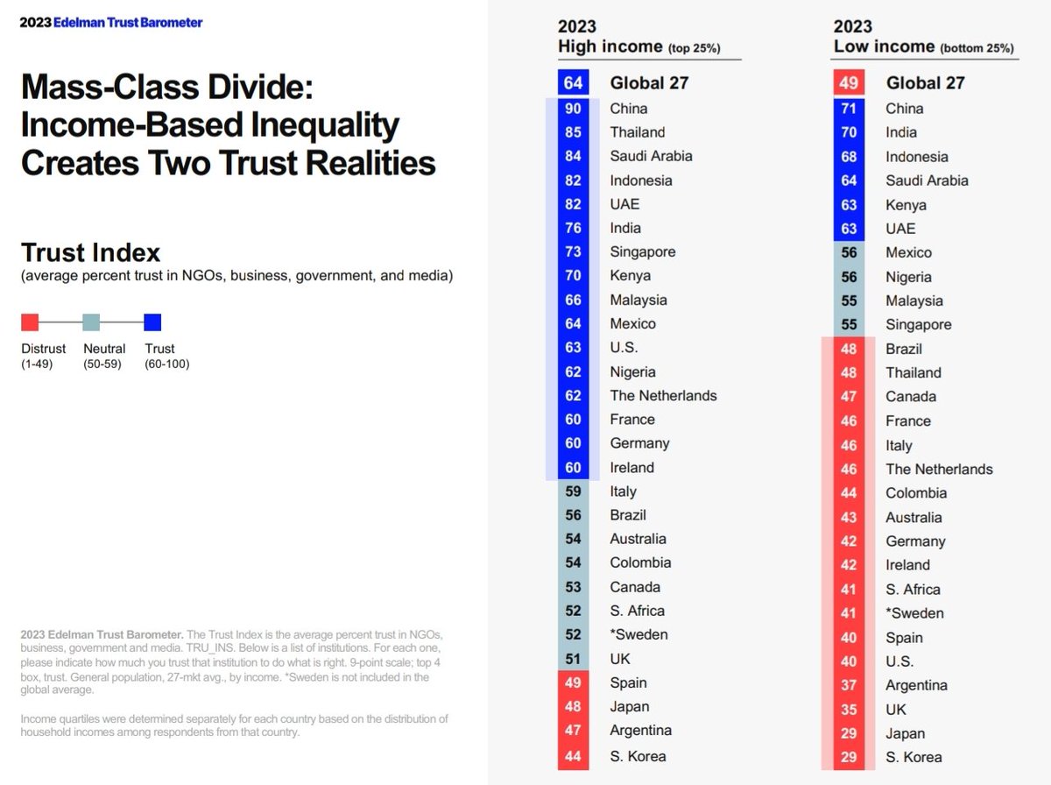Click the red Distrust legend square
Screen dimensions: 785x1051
pyautogui.click(x=30, y=322)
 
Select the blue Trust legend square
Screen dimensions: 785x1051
pyautogui.click(x=152, y=322)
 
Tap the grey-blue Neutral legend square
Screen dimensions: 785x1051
pyautogui.click(x=91, y=322)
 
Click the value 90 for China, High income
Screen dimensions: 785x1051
pyautogui.click(x=573, y=109)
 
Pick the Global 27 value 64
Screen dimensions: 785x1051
pyautogui.click(x=573, y=83)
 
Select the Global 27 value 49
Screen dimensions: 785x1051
pyautogui.click(x=848, y=83)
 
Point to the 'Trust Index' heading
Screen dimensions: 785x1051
pyautogui.click(x=90, y=253)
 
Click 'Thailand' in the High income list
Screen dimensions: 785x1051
pyautogui.click(x=637, y=132)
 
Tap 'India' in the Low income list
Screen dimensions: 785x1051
pyautogui.click(x=901, y=132)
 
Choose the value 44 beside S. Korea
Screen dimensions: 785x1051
pyautogui.click(x=573, y=755)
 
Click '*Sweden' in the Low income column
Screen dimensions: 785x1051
pyautogui.click(x=914, y=613)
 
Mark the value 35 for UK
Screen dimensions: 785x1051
pyautogui.click(x=848, y=709)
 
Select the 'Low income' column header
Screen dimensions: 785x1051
pyautogui.click(x=884, y=46)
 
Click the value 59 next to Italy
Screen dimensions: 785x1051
pyautogui.click(x=573, y=492)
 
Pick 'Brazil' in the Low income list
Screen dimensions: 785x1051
pyautogui.click(x=904, y=349)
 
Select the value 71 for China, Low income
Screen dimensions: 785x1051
pyautogui.click(x=848, y=109)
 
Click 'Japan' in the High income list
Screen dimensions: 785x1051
pyautogui.click(x=630, y=706)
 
